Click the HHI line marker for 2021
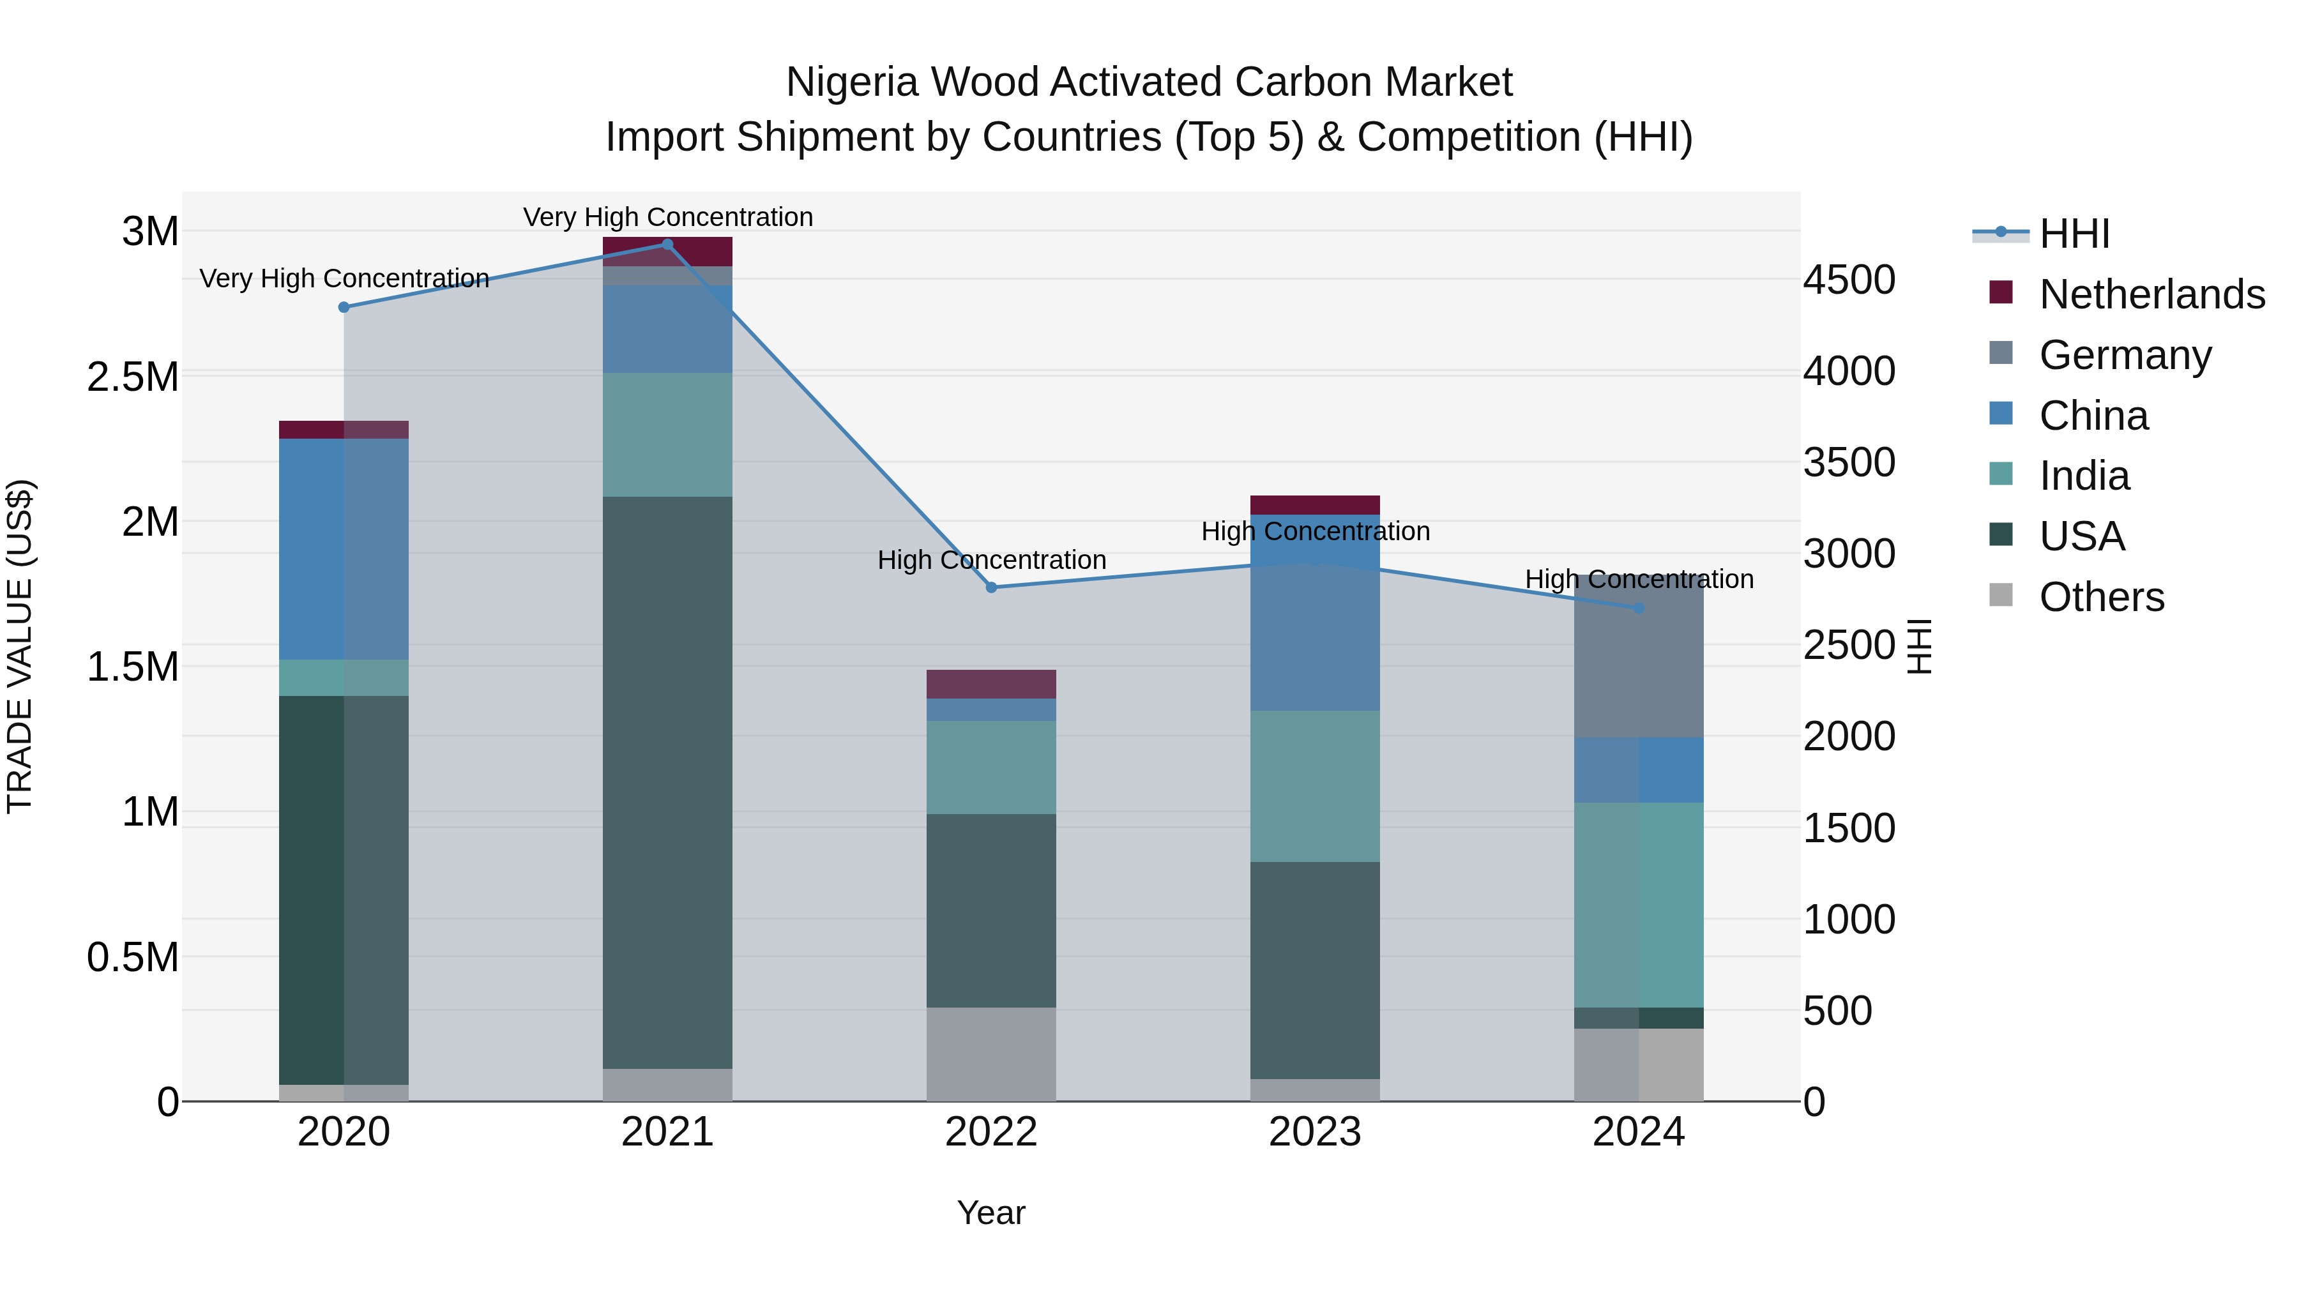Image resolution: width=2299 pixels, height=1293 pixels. pos(667,245)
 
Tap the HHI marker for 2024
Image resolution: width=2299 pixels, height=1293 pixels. pos(1639,609)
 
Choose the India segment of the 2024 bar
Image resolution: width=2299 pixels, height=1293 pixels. pos(1639,904)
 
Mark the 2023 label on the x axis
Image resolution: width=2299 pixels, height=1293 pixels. pos(1315,1132)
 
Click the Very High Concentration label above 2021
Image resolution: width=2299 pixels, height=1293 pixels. pos(667,217)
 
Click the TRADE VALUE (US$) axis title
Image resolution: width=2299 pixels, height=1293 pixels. pos(20,646)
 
